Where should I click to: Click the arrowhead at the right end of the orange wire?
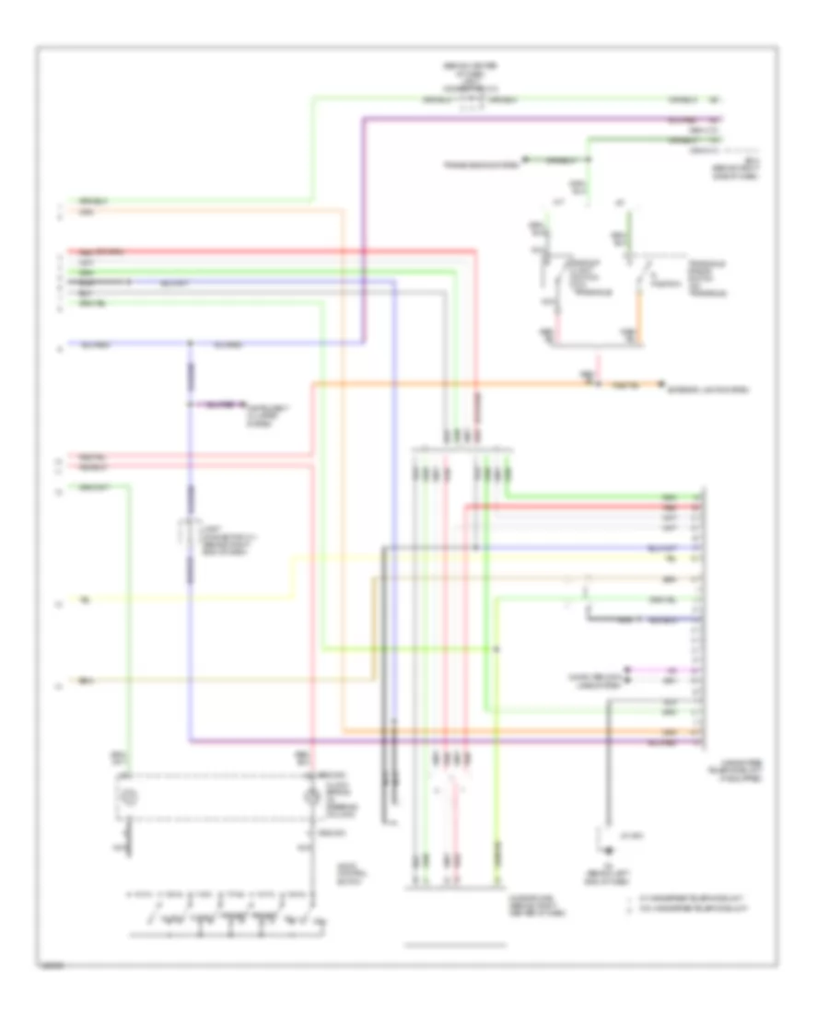coord(660,382)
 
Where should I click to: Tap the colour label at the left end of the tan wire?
coord(85,682)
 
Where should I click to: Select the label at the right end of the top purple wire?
coord(683,120)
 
